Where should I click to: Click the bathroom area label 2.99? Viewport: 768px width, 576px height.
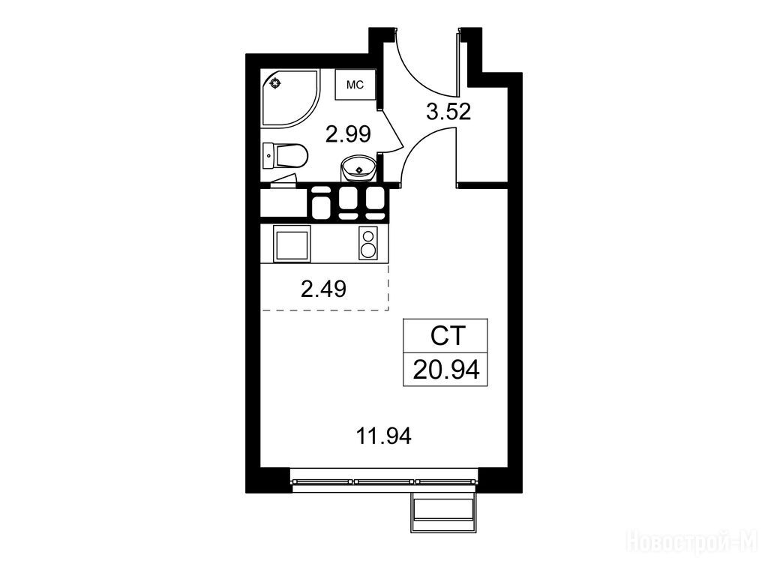[x=348, y=133]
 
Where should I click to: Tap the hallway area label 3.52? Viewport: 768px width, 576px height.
[x=448, y=112]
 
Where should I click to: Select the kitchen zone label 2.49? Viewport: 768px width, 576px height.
[x=324, y=289]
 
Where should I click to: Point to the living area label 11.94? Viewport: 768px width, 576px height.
[x=383, y=436]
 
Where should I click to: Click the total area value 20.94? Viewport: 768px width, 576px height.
[x=445, y=370]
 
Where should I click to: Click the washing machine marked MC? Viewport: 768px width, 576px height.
[x=355, y=85]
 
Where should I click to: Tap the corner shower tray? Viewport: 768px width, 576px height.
[x=289, y=98]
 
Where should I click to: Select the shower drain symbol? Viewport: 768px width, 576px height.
[x=276, y=83]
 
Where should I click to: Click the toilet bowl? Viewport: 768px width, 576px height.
[x=292, y=156]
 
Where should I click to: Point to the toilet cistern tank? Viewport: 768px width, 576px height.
[x=268, y=156]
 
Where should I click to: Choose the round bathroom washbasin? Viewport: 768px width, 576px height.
[x=358, y=169]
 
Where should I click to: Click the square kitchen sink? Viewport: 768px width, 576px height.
[x=292, y=244]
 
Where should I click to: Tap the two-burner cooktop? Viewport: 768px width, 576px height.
[x=368, y=244]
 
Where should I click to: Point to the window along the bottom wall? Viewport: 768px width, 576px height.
[x=383, y=481]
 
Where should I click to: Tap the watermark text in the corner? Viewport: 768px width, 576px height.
[x=692, y=542]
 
